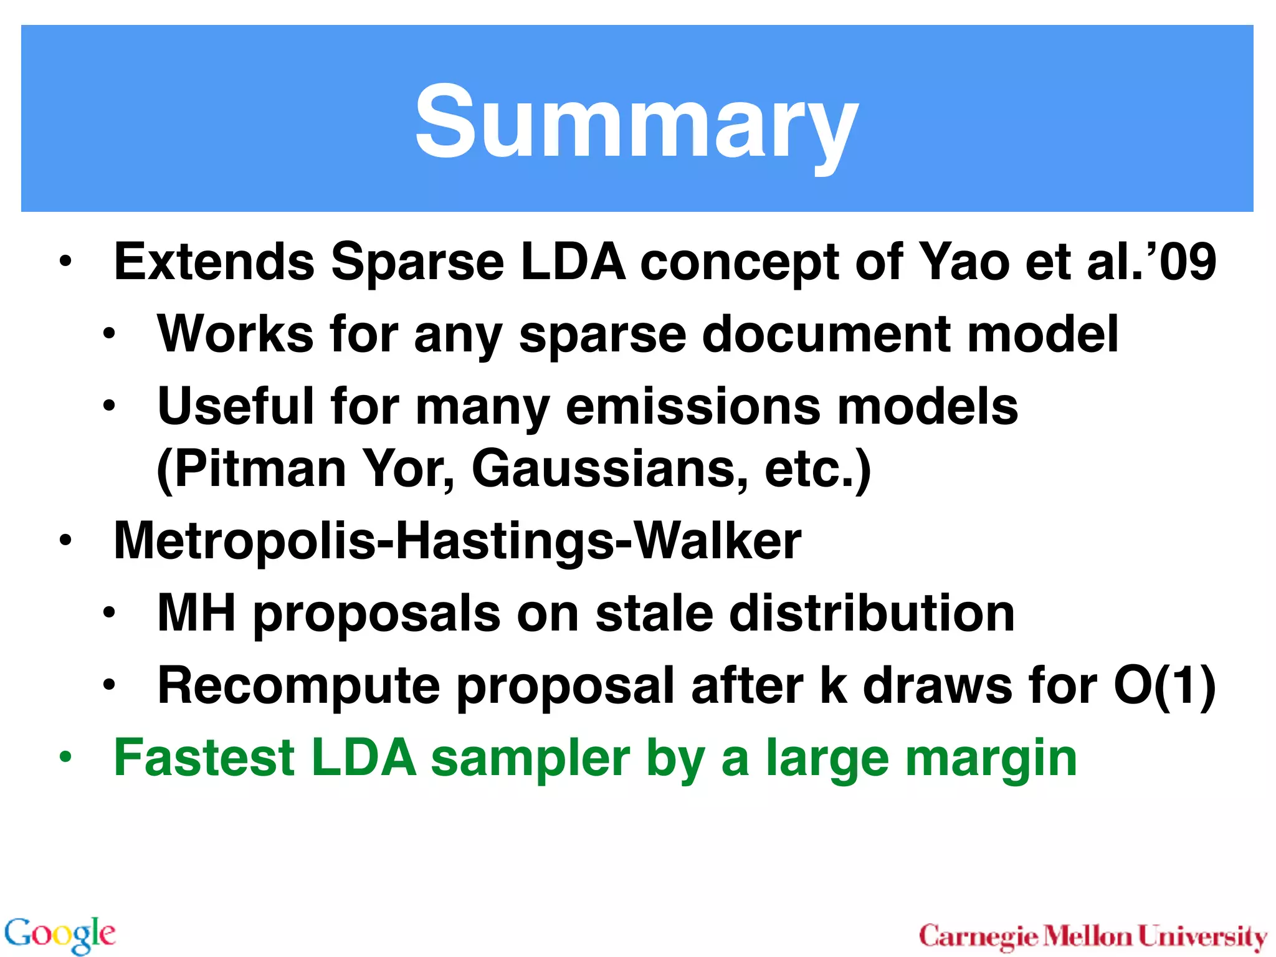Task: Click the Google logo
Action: tap(60, 934)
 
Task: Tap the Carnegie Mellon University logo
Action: tap(1093, 936)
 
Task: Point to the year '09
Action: tap(1181, 262)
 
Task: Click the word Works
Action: tap(236, 334)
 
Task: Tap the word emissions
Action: tap(693, 406)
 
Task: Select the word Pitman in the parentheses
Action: tap(252, 469)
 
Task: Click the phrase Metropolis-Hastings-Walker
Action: tap(457, 541)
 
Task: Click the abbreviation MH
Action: tap(196, 613)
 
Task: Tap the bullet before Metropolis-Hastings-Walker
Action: tap(65, 540)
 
